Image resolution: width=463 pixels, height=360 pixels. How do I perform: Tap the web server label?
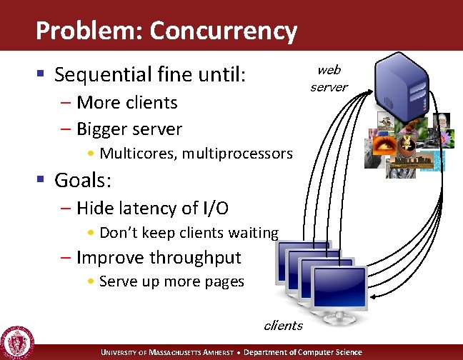pos(329,78)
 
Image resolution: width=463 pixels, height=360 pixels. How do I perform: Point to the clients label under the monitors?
pos(283,325)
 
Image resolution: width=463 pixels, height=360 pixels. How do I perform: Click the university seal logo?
pos(17,341)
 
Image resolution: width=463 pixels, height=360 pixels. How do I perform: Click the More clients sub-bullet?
pos(126,102)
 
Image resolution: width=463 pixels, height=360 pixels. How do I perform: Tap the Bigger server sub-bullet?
pos(129,129)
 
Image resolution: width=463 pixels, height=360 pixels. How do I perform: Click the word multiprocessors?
pos(236,153)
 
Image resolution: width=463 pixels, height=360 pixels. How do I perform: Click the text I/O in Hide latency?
pos(216,208)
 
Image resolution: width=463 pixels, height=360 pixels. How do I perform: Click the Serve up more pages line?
pos(171,281)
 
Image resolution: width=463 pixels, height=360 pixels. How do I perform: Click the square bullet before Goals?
pos(42,180)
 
